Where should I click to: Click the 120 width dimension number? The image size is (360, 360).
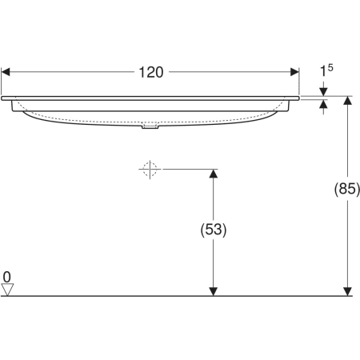click(x=151, y=73)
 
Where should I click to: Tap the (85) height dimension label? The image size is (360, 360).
click(x=347, y=189)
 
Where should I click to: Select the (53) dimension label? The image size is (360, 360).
click(x=214, y=230)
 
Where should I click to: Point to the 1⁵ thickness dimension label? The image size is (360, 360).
click(x=326, y=70)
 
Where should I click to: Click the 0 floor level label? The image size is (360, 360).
click(x=7, y=277)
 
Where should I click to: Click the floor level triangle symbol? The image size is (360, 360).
click(x=7, y=290)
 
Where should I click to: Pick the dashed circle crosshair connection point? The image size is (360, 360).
click(x=150, y=169)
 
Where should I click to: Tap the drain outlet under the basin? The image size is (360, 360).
click(x=150, y=126)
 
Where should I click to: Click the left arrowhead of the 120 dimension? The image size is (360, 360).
click(x=6, y=72)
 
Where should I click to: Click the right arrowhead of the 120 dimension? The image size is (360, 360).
click(x=294, y=72)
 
